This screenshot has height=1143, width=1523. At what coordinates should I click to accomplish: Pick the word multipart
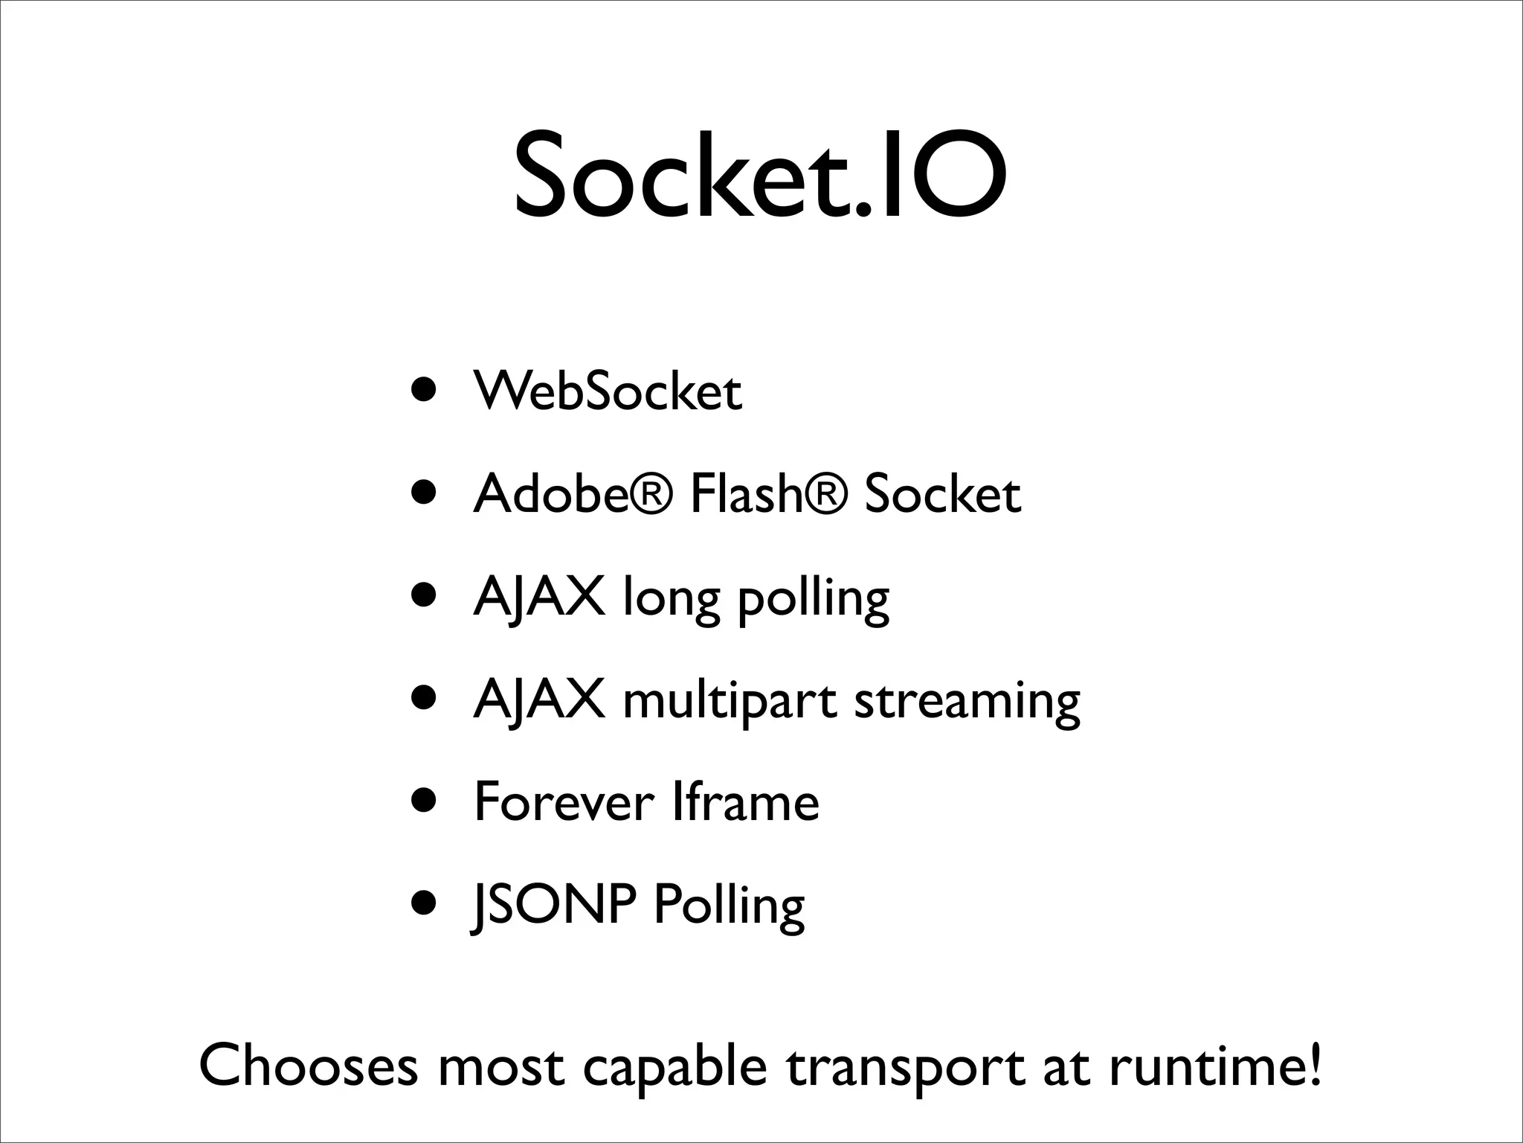coord(730,702)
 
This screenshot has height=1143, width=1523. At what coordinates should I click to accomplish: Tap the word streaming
coord(967,702)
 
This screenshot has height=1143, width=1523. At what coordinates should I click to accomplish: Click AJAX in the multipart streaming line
coord(538,702)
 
